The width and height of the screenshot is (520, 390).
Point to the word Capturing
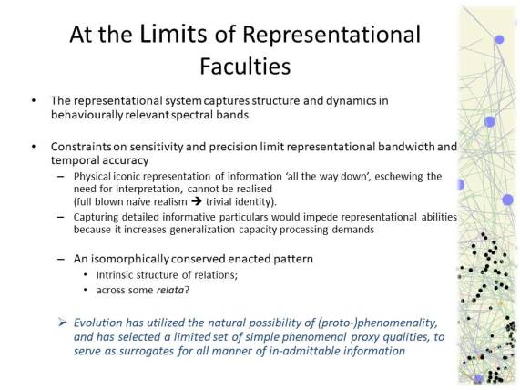(97, 217)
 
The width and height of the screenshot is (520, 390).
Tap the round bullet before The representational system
(34, 99)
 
